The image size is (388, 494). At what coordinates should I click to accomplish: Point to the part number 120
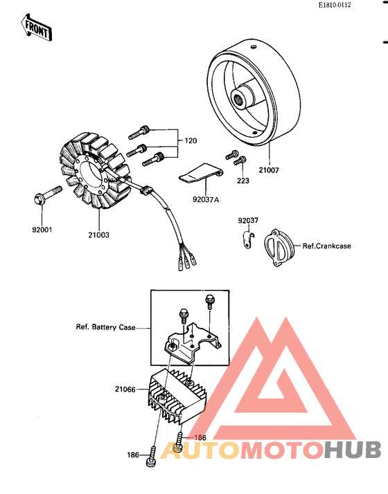[x=190, y=140]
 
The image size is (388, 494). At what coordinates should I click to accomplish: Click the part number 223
[x=243, y=182]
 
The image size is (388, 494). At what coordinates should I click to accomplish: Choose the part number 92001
[x=41, y=229]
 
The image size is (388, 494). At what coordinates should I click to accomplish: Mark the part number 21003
[x=98, y=235]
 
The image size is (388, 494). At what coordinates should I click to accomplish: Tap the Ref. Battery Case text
[x=105, y=327]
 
